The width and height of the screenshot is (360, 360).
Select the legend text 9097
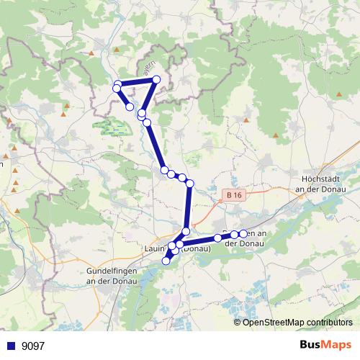point(33,346)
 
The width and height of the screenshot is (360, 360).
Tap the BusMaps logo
point(325,345)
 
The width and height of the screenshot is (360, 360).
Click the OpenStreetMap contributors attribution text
point(297,323)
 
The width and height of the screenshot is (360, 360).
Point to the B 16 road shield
point(230,194)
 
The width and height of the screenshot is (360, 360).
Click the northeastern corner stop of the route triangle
point(156,81)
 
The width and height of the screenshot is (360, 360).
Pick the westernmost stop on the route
point(116,89)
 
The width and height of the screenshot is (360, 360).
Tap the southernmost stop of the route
point(166,261)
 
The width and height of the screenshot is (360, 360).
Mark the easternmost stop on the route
point(243,233)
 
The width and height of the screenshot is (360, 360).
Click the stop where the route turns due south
point(190,184)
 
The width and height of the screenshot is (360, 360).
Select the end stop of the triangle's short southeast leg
point(130,107)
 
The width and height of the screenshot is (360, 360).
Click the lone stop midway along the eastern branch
point(217,238)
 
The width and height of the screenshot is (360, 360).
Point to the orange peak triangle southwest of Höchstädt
point(277,136)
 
